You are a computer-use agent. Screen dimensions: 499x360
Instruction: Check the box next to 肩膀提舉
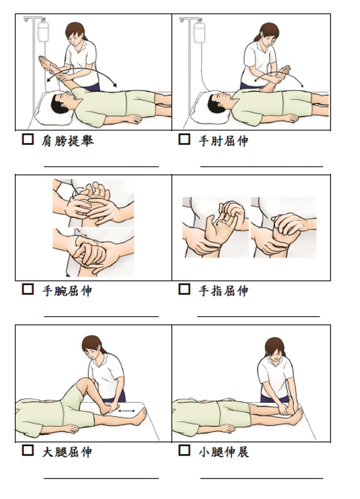28,139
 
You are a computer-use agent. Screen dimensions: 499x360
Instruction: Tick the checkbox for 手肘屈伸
184,139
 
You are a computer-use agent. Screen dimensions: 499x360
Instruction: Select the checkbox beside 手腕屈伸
28,289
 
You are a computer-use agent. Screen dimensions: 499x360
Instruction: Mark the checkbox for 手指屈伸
184,289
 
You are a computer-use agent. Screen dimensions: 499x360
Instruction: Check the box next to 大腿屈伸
28,449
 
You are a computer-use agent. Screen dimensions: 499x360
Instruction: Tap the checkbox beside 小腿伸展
184,449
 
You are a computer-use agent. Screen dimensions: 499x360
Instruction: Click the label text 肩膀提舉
67,140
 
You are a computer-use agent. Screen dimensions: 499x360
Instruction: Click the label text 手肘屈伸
223,140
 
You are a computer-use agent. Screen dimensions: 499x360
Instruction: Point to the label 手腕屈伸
67,291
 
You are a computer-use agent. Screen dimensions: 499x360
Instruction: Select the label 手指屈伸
223,291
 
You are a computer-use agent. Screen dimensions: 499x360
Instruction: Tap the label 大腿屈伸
67,451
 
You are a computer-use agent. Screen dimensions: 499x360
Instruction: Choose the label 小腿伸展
223,451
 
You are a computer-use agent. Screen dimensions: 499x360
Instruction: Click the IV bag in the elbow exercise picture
199,32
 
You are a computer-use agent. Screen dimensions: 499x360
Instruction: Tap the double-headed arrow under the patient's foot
126,410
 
